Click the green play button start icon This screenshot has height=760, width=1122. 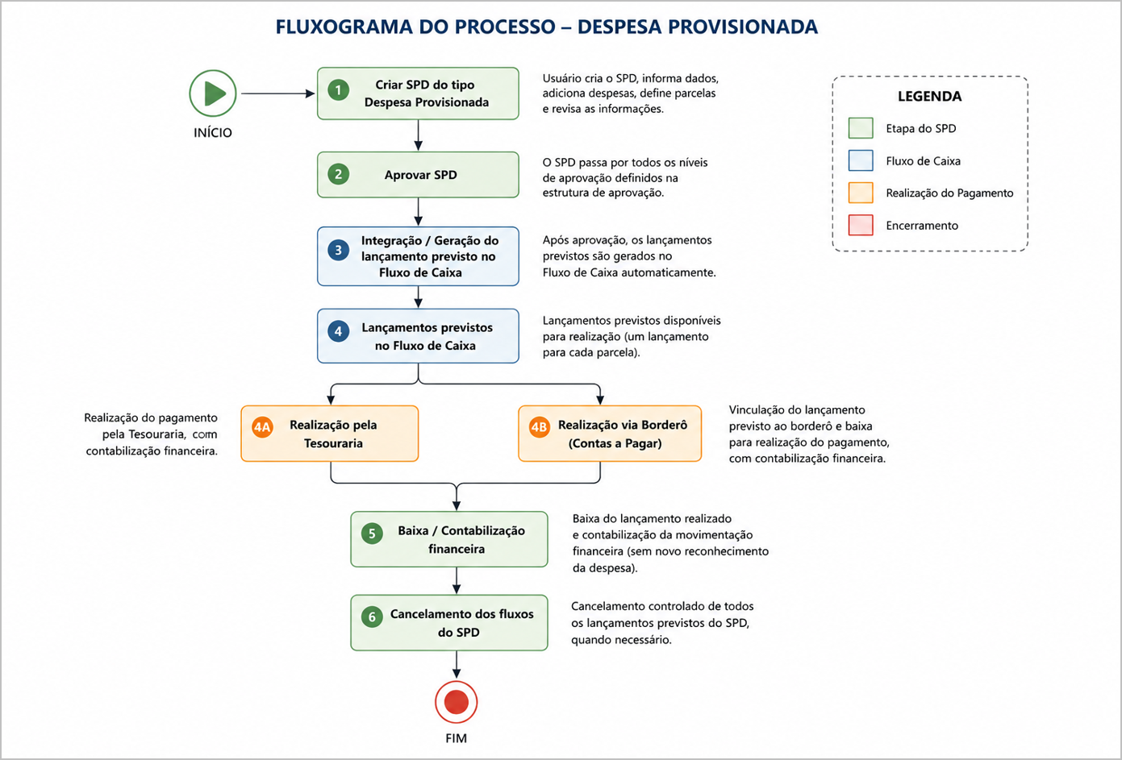pos(213,93)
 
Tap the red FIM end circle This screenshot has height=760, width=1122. pos(456,701)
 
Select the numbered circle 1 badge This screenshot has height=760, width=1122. pos(339,90)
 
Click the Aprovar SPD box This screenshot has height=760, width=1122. pos(419,175)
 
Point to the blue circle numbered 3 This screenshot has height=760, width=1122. pos(339,250)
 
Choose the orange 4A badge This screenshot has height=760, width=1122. pos(262,427)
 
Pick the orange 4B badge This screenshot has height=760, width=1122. pos(540,427)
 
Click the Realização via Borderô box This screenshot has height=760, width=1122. pos(610,434)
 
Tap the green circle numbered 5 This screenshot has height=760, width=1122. pos(372,534)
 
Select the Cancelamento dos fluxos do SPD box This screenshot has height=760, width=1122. pos(449,622)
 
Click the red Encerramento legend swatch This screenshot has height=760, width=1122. pos(861,225)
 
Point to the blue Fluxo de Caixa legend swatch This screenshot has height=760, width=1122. pos(861,160)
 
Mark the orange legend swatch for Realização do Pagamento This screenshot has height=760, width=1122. pos(861,193)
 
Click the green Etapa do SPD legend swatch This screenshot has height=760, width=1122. pos(861,128)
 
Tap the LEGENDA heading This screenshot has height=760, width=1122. pos(930,96)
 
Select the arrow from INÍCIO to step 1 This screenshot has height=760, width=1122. pos(278,93)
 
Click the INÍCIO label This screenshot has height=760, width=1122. pos(213,133)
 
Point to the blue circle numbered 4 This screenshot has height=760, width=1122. pos(339,331)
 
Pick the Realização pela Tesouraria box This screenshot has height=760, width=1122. pos(330,434)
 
